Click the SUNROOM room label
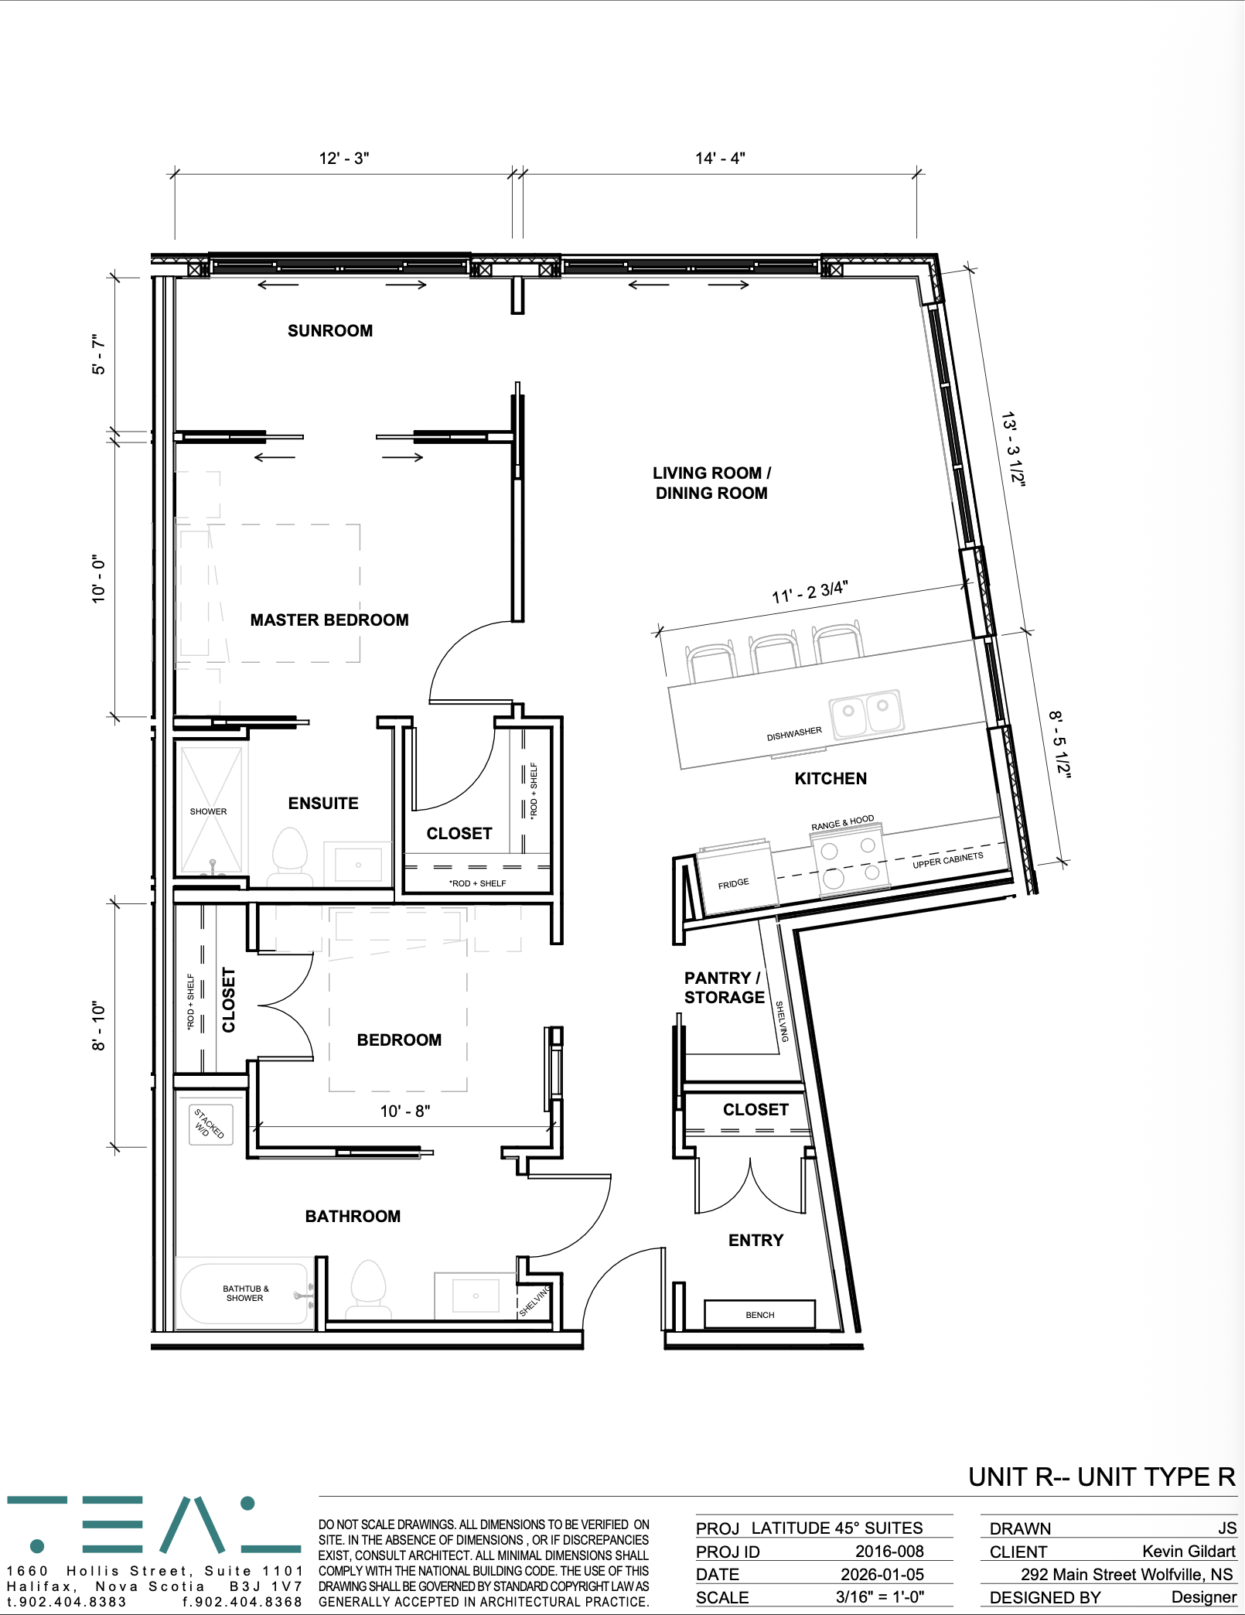pyautogui.click(x=330, y=331)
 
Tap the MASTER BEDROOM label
pyautogui.click(x=329, y=620)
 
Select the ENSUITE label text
pyautogui.click(x=323, y=804)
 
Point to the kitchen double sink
pyautogui.click(x=867, y=711)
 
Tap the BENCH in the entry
pyautogui.click(x=759, y=1314)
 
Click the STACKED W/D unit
pyautogui.click(x=210, y=1124)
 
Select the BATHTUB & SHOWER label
pyautogui.click(x=245, y=1293)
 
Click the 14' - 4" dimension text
pyautogui.click(x=720, y=159)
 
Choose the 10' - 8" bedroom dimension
pyautogui.click(x=404, y=1111)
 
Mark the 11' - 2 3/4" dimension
pyautogui.click(x=810, y=592)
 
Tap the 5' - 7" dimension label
pyautogui.click(x=98, y=355)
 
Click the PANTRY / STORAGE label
pyautogui.click(x=724, y=988)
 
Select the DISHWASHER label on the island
pyautogui.click(x=794, y=733)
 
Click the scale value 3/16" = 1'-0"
pyautogui.click(x=880, y=1596)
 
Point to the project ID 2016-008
pyautogui.click(x=889, y=1551)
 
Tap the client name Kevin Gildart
pyautogui.click(x=1189, y=1551)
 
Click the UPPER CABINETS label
pyautogui.click(x=948, y=860)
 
